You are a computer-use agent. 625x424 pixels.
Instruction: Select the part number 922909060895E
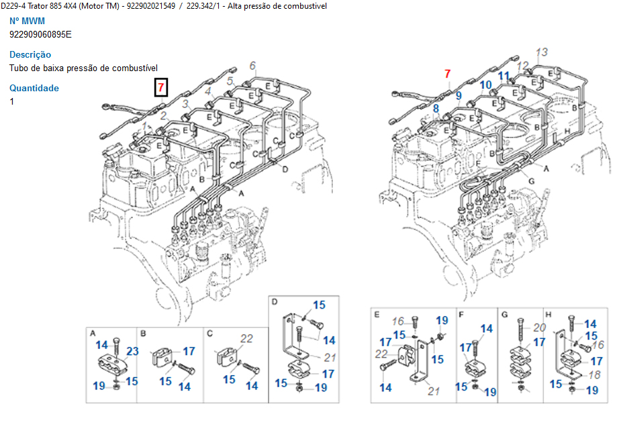(x=40, y=34)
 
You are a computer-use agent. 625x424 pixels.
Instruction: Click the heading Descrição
(x=30, y=54)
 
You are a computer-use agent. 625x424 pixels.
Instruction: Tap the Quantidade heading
(x=34, y=88)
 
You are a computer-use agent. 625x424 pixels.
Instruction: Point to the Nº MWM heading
(x=28, y=21)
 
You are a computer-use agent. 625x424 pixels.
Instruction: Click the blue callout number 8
(x=436, y=108)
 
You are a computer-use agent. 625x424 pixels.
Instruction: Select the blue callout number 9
(x=459, y=96)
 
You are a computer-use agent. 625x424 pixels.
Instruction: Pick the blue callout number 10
(x=486, y=85)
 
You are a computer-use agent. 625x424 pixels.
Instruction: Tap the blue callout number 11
(x=504, y=76)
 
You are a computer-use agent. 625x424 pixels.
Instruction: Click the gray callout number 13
(x=542, y=52)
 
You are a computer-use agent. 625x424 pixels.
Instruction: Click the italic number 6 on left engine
(x=252, y=66)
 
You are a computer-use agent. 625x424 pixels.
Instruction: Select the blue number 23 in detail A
(x=132, y=351)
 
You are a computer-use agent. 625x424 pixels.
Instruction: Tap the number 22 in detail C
(x=246, y=339)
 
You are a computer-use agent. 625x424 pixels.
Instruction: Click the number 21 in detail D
(x=329, y=358)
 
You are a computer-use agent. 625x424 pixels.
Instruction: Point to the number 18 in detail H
(x=595, y=374)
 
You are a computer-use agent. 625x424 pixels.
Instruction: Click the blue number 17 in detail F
(x=465, y=347)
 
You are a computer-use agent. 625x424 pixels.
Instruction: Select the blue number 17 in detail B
(x=189, y=351)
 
